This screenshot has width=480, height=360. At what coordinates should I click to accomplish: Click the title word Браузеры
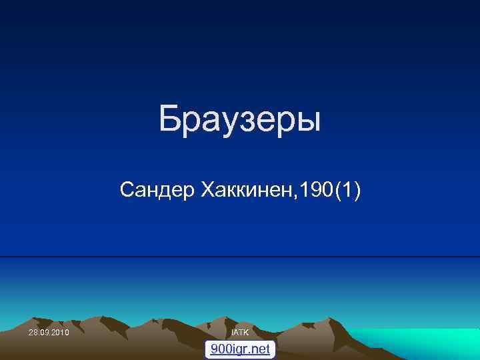pyautogui.click(x=240, y=120)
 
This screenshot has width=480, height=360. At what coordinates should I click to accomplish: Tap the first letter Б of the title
pyautogui.click(x=169, y=120)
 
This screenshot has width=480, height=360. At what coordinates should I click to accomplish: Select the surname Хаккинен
pyautogui.click(x=245, y=191)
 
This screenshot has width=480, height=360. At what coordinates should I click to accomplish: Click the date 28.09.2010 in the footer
pyautogui.click(x=49, y=332)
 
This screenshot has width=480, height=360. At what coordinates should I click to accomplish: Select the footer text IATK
pyautogui.click(x=240, y=332)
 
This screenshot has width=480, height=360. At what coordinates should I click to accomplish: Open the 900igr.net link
pyautogui.click(x=240, y=349)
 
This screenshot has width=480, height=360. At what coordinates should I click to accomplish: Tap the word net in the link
pyautogui.click(x=261, y=349)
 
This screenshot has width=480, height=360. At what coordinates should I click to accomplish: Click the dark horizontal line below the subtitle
pyautogui.click(x=240, y=256)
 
